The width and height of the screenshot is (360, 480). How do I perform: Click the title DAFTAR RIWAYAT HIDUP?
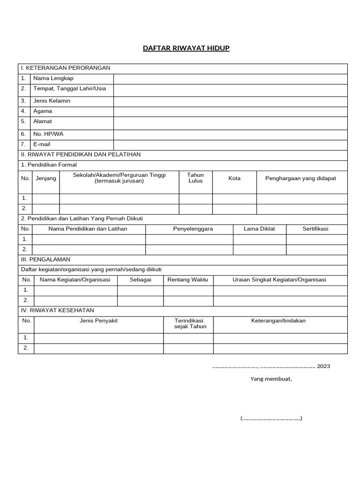[x=186, y=48]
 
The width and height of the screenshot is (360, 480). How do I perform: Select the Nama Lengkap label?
[x=53, y=78]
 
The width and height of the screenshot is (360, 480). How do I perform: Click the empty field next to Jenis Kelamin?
[x=230, y=101]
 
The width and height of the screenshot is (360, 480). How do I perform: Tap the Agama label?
[x=43, y=111]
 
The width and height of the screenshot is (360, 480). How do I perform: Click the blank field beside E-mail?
[x=230, y=145]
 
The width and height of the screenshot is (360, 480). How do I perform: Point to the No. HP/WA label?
[x=48, y=134]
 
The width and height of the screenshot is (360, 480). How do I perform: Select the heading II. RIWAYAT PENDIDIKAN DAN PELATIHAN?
[x=81, y=155]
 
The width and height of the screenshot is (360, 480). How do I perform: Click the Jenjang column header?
[x=45, y=179]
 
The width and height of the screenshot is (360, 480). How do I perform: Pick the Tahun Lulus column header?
[x=195, y=178]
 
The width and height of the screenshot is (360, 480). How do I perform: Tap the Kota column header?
[x=234, y=179]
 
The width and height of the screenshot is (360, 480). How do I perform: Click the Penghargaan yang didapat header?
[x=300, y=179]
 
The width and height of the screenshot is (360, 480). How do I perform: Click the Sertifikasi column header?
[x=315, y=229]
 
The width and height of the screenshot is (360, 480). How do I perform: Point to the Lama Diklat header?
[x=259, y=229]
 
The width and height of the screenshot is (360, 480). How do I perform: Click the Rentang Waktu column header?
[x=188, y=280]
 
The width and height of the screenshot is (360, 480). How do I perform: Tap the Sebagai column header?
[x=140, y=280]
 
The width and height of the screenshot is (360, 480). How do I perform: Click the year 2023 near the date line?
[x=323, y=366]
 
